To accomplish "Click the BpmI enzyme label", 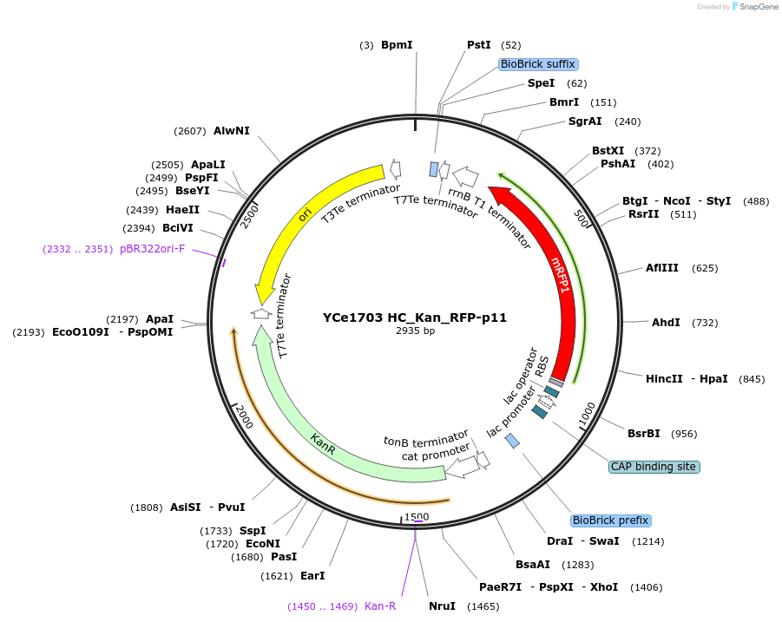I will (x=397, y=44).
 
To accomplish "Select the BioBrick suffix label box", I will (x=538, y=64).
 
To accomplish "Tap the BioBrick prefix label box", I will (x=610, y=521).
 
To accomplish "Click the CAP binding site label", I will (x=654, y=467).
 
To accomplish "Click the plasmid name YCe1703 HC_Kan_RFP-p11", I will (x=414, y=318).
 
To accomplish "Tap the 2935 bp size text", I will (x=415, y=331).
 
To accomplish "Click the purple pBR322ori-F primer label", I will (x=153, y=249).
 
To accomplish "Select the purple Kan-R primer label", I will (x=380, y=606).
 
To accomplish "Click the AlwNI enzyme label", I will (x=232, y=131).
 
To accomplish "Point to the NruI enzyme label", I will (x=442, y=606).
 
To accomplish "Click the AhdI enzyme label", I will (x=666, y=323).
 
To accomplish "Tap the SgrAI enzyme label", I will (x=585, y=121).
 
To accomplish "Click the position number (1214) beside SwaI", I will (x=649, y=541).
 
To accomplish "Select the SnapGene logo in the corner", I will (x=754, y=7).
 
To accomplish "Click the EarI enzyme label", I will (x=312, y=576).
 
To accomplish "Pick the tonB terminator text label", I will (x=426, y=440).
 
